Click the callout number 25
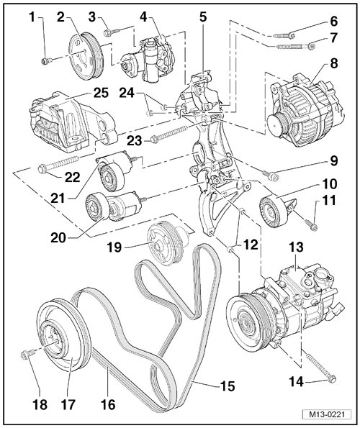pyautogui.click(x=101, y=93)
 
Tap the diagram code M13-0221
pyautogui.click(x=326, y=414)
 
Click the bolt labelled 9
pyautogui.click(x=270, y=175)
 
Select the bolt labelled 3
pyautogui.click(x=112, y=32)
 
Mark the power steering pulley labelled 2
pyautogui.click(x=86, y=56)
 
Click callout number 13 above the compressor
pyautogui.click(x=297, y=247)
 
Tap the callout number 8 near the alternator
pyautogui.click(x=334, y=63)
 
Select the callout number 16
pyautogui.click(x=108, y=404)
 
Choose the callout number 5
pyautogui.click(x=203, y=17)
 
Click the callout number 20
pyautogui.click(x=58, y=238)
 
